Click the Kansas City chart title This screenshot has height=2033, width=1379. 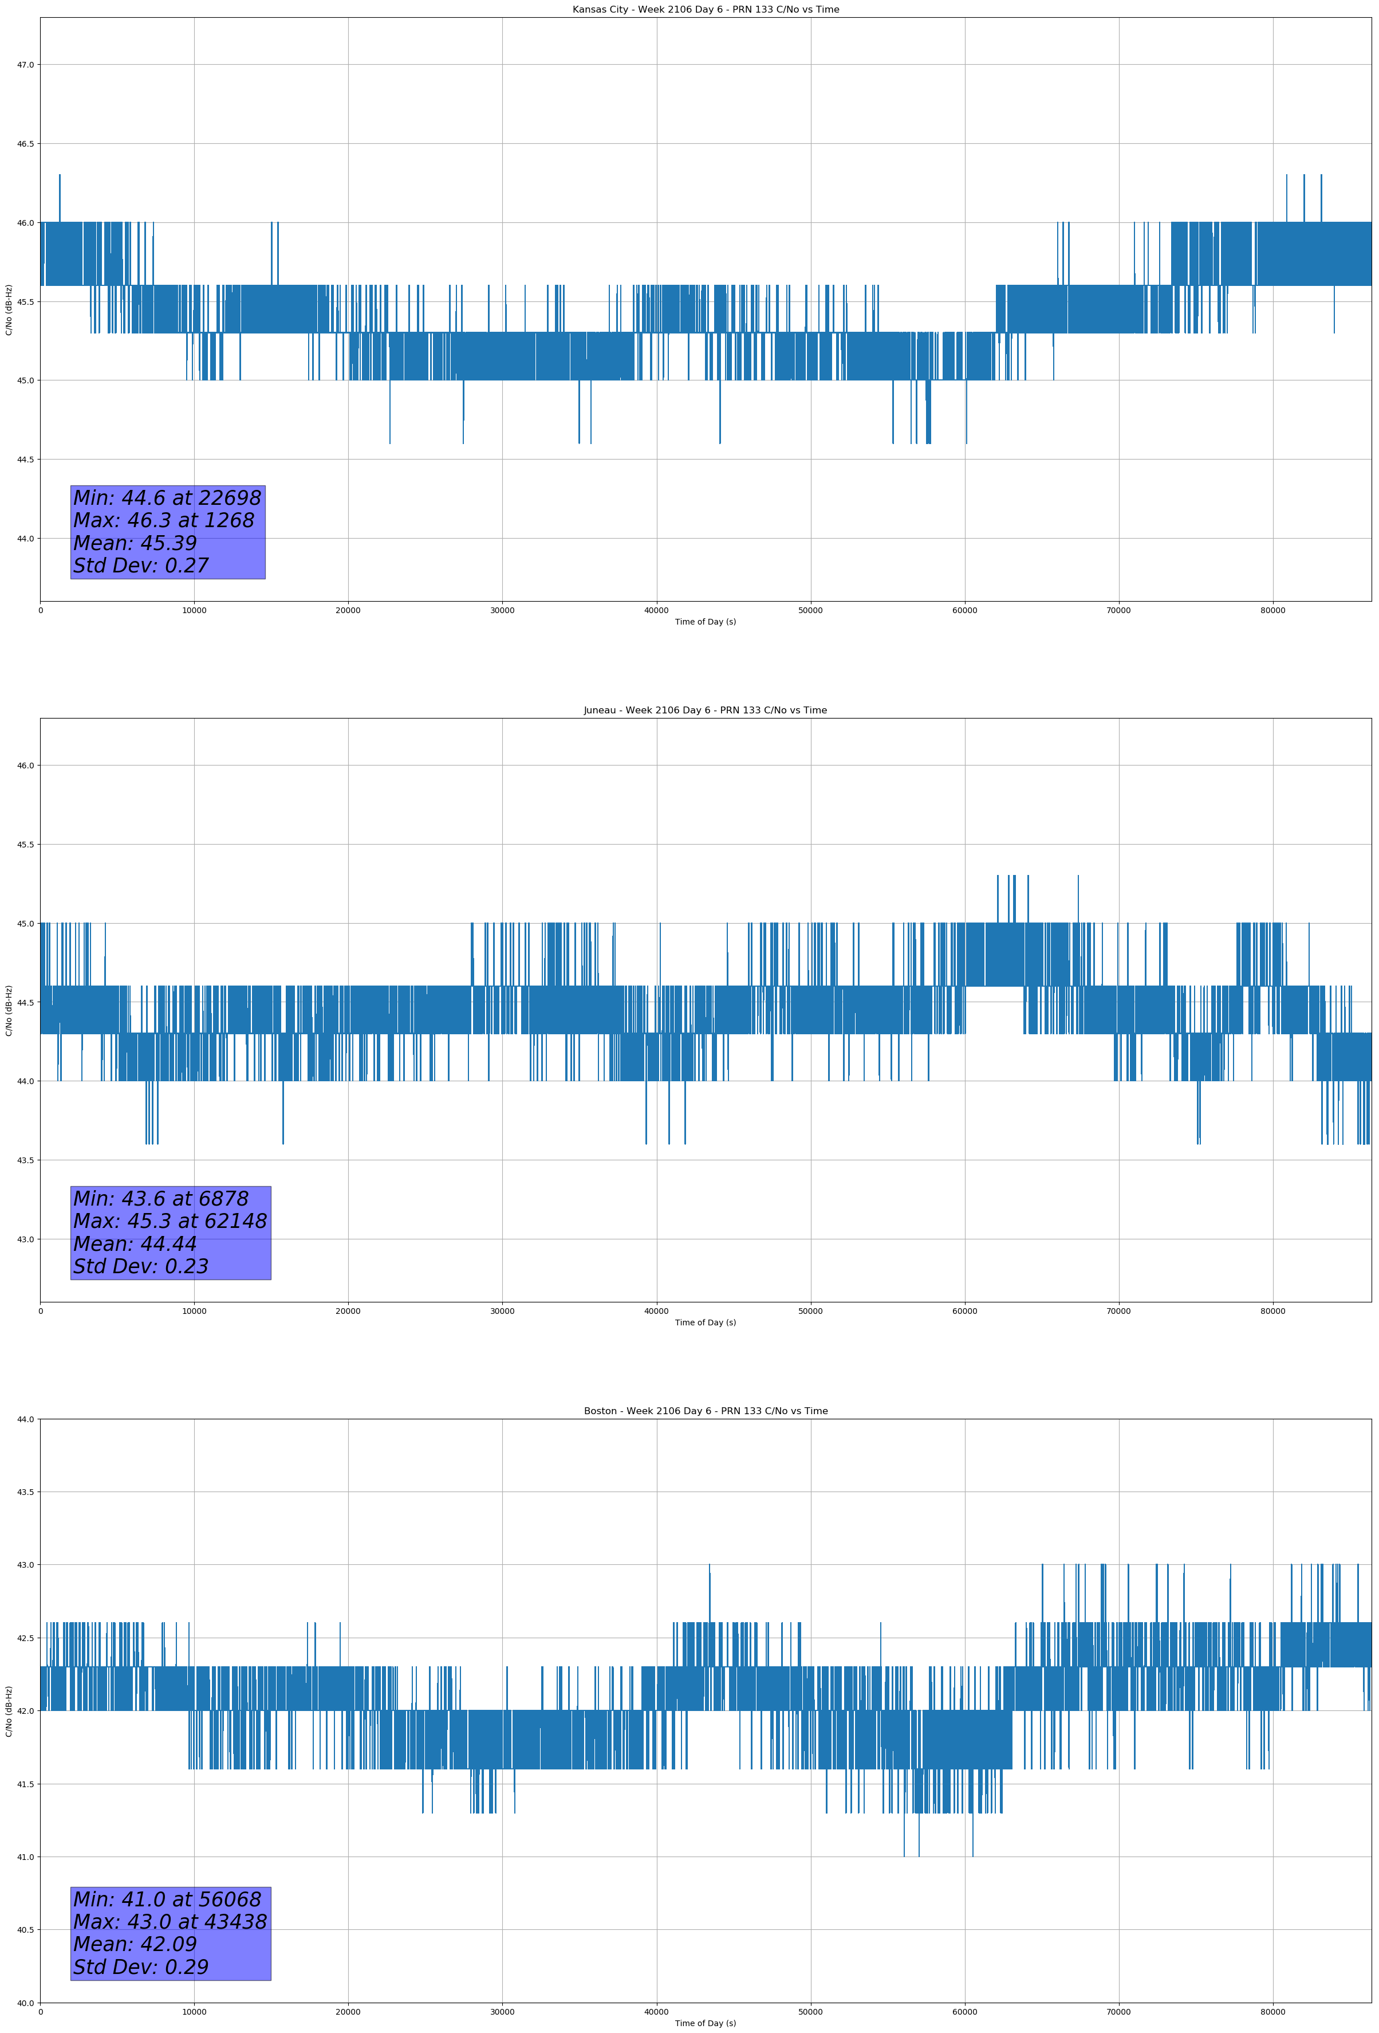tap(705, 10)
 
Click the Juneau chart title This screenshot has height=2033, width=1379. tap(705, 711)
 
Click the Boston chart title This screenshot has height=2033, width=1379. tap(705, 1411)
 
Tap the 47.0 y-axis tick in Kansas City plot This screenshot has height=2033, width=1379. tap(25, 65)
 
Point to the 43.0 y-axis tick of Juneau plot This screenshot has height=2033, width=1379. tap(25, 1239)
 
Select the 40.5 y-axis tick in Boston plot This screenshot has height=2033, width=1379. tap(25, 1930)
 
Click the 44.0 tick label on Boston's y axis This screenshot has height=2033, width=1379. tap(25, 1419)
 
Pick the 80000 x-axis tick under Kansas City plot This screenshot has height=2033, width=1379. tap(1272, 611)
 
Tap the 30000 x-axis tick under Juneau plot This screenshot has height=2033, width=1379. tap(502, 1311)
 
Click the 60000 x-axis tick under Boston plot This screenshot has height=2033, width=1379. tap(964, 2012)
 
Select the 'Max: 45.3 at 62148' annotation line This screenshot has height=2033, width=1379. tap(170, 1221)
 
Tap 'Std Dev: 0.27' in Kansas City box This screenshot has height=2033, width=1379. tap(141, 566)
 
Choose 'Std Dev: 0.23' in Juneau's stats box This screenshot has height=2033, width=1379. tap(141, 1267)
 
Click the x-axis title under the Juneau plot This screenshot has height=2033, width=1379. tap(705, 1322)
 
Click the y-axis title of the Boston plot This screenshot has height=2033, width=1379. tap(9, 1710)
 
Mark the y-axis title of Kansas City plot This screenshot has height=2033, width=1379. tap(9, 309)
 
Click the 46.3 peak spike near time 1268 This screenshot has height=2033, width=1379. tap(60, 176)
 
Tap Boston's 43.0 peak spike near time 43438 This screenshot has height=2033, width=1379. tap(709, 1567)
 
